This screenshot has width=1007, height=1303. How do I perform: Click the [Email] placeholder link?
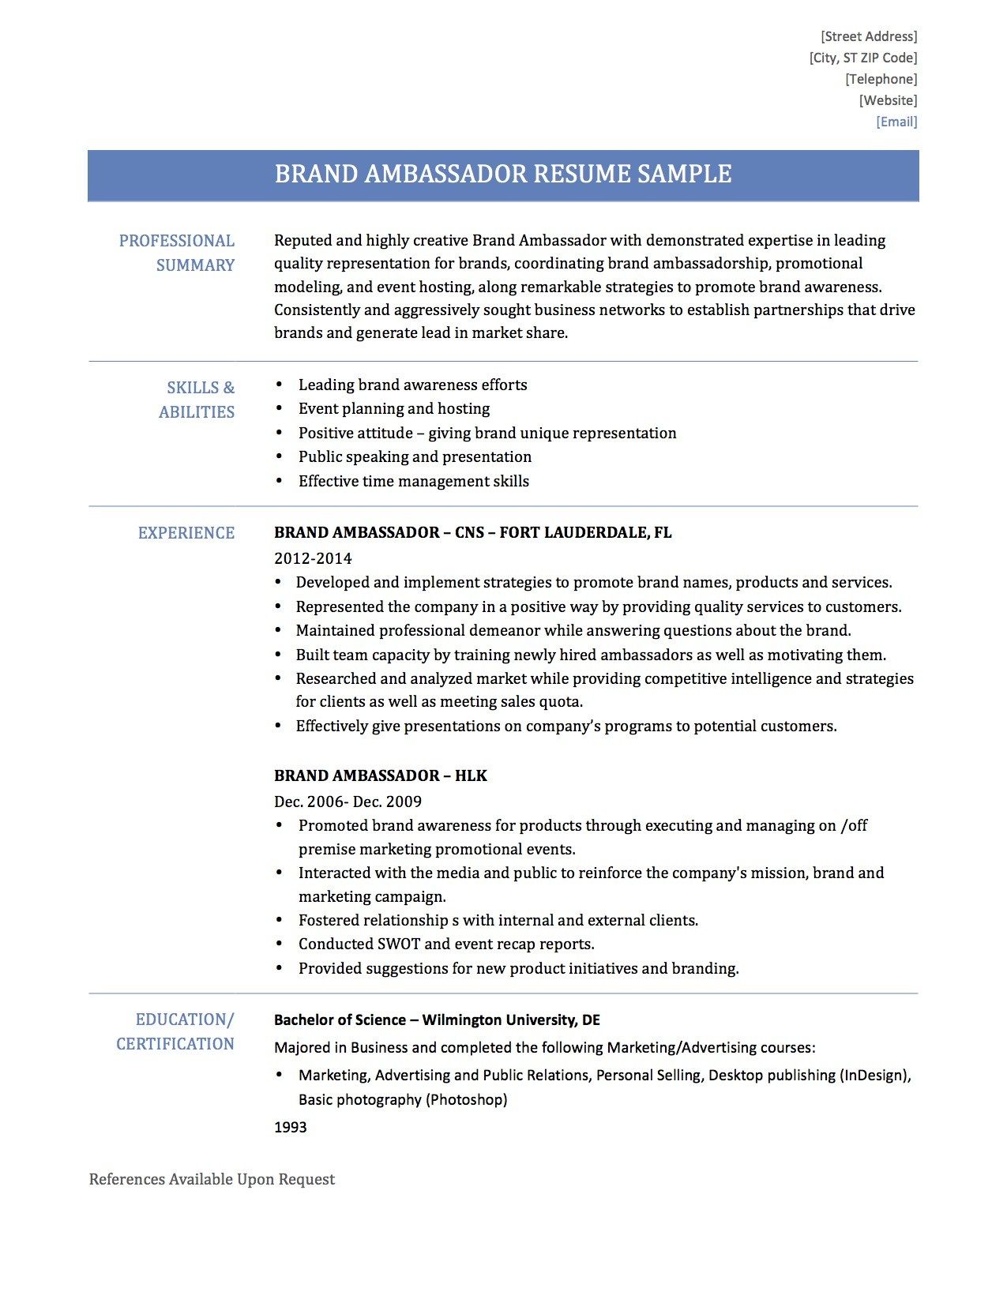pos(896,122)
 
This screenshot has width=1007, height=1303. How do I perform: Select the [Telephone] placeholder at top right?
pos(881,79)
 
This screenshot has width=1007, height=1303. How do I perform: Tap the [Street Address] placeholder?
pos(869,36)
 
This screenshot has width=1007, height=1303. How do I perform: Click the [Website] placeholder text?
pos(888,100)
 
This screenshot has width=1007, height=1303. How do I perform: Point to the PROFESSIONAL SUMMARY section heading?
pos(177,253)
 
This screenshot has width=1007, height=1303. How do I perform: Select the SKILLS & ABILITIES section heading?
pos(197,400)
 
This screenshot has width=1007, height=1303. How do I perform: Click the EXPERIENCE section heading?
pos(186,533)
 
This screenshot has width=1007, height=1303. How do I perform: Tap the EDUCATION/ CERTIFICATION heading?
pos(176,1031)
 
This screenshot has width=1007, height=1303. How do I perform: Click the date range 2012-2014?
pos(313,558)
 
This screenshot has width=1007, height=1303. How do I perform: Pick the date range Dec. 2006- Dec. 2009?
pos(348,802)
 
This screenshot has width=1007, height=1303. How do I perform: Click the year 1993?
pos(290,1127)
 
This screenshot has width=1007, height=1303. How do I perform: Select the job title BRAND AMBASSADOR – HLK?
pos(380,775)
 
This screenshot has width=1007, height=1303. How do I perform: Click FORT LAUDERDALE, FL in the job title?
pos(585,533)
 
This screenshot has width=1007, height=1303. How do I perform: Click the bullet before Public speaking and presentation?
pos(279,457)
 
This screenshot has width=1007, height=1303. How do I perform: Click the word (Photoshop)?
pos(466,1099)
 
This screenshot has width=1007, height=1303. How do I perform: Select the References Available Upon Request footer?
pos(212,1179)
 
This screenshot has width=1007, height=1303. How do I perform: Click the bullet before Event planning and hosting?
pos(279,409)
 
